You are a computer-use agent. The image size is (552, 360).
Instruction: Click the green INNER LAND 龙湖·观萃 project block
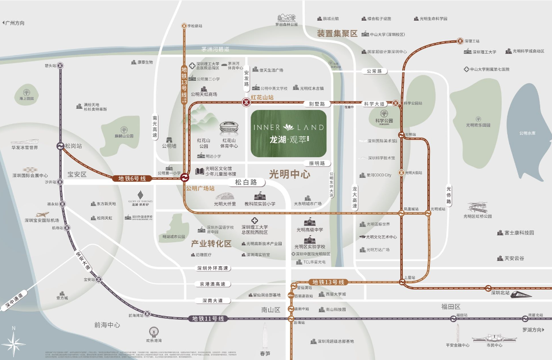click(288, 133)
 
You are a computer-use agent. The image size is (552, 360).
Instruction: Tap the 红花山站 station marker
click(245, 103)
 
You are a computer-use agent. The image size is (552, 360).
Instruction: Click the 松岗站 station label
click(73, 146)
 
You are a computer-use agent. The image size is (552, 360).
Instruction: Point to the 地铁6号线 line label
click(129, 178)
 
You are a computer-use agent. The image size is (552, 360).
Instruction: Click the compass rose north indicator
click(13, 341)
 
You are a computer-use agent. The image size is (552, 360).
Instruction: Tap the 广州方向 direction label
click(14, 23)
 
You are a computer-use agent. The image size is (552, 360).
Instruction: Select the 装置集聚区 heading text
click(337, 33)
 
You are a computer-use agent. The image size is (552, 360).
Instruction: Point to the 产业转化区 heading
click(211, 244)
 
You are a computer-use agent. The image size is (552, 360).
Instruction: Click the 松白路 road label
click(246, 182)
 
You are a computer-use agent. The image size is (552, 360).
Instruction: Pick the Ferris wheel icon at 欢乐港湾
click(154, 332)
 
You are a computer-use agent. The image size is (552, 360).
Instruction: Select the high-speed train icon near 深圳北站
click(521, 295)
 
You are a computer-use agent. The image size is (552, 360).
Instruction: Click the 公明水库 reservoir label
click(528, 133)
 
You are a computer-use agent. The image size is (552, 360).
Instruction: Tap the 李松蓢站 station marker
click(184, 26)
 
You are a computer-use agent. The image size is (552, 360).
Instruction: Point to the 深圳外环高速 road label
click(212, 268)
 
